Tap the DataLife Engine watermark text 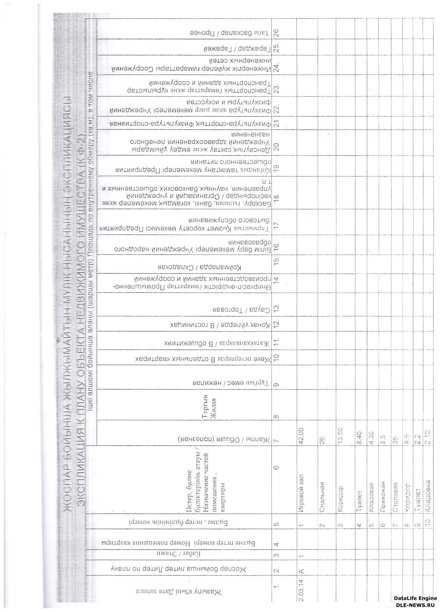pos(415,598)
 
